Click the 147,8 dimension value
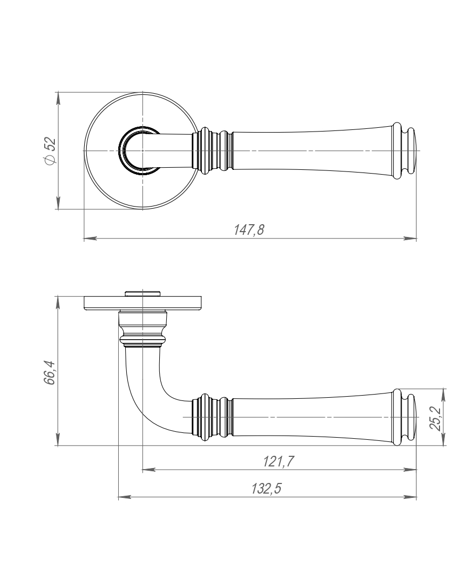point(249,229)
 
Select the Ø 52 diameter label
point(50,151)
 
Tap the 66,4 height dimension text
point(50,372)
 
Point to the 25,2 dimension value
point(436,419)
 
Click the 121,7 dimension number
point(278,461)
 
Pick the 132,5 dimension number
point(266,489)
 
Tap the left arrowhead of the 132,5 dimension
point(125,497)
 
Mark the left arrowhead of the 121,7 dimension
point(149,470)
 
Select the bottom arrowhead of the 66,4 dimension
point(58,439)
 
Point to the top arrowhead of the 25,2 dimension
point(444,396)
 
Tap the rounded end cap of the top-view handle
point(407,151)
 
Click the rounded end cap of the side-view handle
point(407,417)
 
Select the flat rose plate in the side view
point(143,303)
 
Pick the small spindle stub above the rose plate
point(143,293)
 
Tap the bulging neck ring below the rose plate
point(143,339)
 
